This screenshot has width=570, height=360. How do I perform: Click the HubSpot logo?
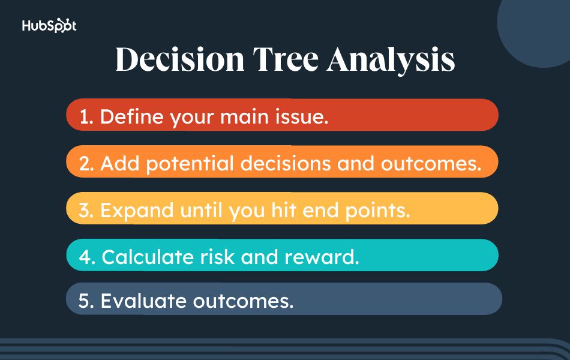pyautogui.click(x=49, y=26)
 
